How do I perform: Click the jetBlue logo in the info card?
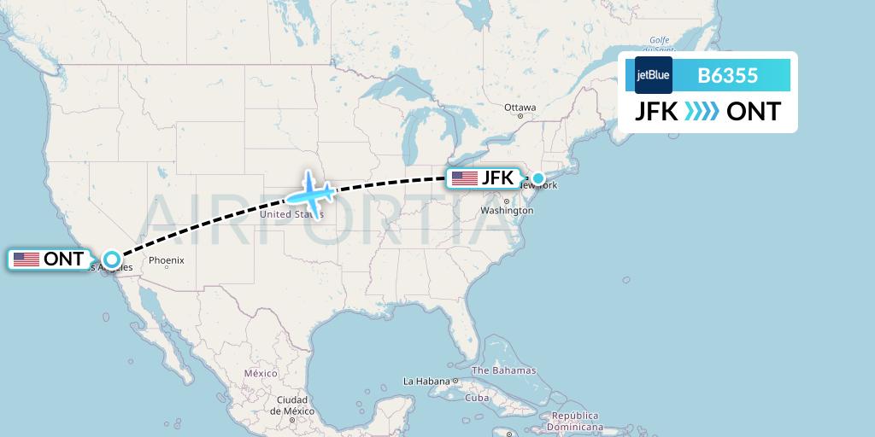(654, 75)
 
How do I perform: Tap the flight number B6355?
(728, 75)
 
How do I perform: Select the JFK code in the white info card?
(656, 112)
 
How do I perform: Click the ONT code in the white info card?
(753, 112)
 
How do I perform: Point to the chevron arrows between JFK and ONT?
(702, 112)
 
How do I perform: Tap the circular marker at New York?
(538, 178)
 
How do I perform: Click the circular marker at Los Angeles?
(111, 259)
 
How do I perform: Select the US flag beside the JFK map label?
(465, 178)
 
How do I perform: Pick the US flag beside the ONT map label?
(26, 259)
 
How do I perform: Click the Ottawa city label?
(520, 108)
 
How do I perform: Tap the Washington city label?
(507, 210)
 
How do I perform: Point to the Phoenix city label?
(167, 260)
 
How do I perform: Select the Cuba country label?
(476, 398)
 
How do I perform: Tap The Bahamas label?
(504, 370)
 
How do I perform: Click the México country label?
(261, 373)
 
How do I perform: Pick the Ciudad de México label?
(291, 405)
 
